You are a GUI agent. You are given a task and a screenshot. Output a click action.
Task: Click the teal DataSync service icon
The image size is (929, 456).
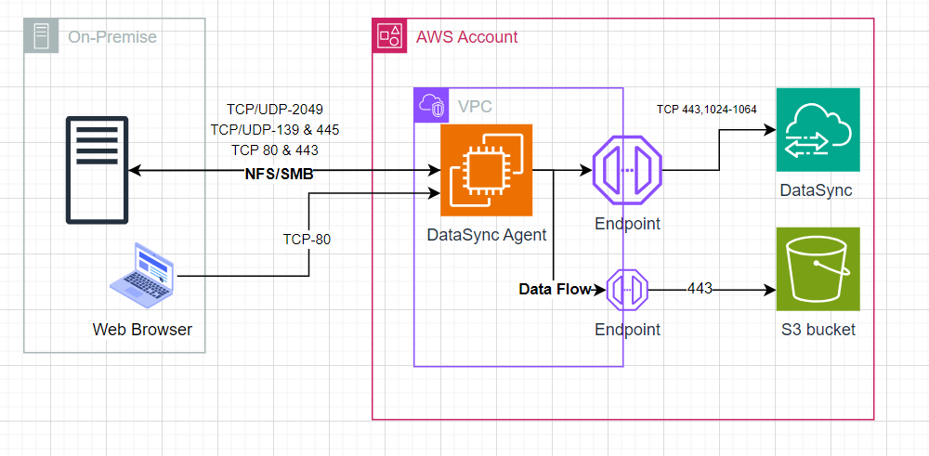tap(818, 130)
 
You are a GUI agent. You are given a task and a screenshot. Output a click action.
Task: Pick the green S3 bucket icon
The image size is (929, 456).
tap(818, 268)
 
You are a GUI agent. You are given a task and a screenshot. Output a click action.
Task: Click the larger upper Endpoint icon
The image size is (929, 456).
tap(628, 171)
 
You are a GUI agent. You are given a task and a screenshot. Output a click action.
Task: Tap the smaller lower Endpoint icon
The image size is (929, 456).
tap(627, 291)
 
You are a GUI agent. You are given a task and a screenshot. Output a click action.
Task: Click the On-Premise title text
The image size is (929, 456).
tap(112, 37)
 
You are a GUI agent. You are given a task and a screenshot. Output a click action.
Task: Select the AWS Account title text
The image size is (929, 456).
tap(466, 37)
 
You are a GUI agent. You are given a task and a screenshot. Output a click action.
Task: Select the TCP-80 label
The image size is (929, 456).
tap(307, 239)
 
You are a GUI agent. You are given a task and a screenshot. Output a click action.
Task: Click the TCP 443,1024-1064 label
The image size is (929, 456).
tap(706, 109)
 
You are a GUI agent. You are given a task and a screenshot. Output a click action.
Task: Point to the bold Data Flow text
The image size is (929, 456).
tap(555, 290)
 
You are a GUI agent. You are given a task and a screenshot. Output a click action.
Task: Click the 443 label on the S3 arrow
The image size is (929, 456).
tap(700, 289)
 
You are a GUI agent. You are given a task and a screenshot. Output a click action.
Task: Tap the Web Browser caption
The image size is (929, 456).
tap(142, 330)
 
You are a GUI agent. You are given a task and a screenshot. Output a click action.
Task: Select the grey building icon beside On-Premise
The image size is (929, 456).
tap(42, 37)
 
